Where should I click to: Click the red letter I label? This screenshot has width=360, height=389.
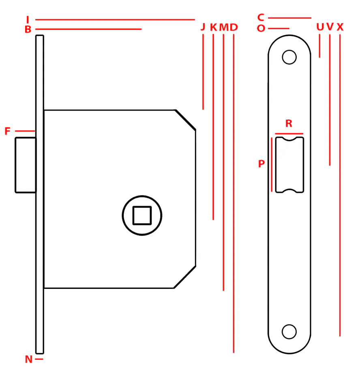28,19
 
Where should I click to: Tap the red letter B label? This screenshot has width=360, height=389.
28,29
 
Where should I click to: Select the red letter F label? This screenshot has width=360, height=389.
7,131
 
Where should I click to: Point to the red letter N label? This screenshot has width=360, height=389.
28,359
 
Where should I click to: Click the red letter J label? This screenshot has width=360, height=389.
203,27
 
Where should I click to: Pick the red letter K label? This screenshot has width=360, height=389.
214,27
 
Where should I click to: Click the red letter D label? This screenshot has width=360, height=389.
234,27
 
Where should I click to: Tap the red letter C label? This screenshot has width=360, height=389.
261,17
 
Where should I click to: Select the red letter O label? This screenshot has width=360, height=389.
261,28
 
